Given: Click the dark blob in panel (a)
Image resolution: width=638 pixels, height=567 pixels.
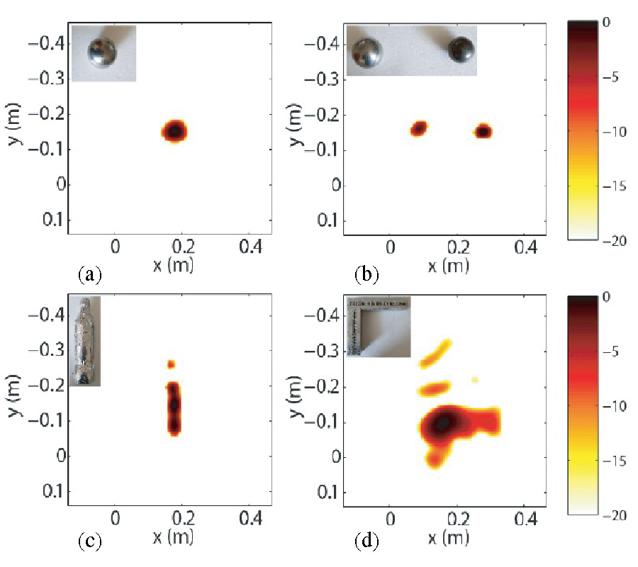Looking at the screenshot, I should [175, 130].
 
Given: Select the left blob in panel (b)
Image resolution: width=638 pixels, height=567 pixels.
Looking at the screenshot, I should [420, 128].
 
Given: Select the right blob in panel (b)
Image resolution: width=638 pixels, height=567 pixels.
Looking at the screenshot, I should [483, 131].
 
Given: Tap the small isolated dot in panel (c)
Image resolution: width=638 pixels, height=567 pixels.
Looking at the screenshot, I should [171, 364].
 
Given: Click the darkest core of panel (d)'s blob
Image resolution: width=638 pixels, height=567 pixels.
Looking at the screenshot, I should [442, 423].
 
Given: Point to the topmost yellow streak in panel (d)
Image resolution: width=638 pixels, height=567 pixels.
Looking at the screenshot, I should [437, 353].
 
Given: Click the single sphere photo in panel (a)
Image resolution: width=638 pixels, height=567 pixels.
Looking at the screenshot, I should [104, 52].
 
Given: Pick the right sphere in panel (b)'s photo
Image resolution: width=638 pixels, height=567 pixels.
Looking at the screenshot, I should [461, 49].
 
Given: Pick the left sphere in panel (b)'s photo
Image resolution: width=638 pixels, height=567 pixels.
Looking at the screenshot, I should [368, 52].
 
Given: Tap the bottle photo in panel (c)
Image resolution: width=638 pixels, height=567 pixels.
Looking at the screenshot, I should [84, 341].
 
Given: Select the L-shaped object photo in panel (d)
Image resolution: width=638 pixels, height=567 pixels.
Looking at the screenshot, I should [378, 326].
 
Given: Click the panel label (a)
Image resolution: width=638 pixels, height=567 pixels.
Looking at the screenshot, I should [89, 272].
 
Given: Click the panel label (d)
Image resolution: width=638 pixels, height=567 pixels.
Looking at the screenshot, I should [366, 543].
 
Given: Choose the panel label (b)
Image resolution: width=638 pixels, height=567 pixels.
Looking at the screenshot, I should [366, 272].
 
